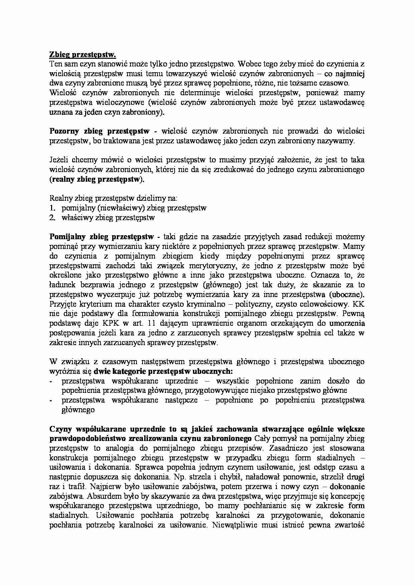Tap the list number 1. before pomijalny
pos(52,208)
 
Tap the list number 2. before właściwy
pos(52,218)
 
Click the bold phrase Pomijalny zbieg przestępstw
pos(101,237)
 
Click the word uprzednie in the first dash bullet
pos(181,381)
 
